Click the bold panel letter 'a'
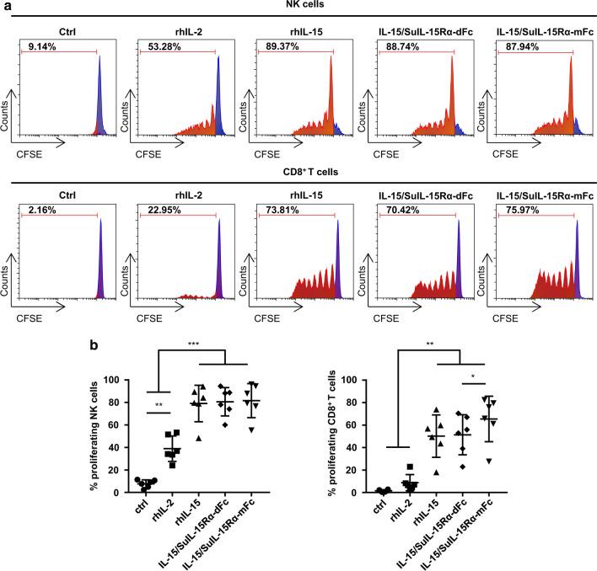[x=7, y=6]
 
